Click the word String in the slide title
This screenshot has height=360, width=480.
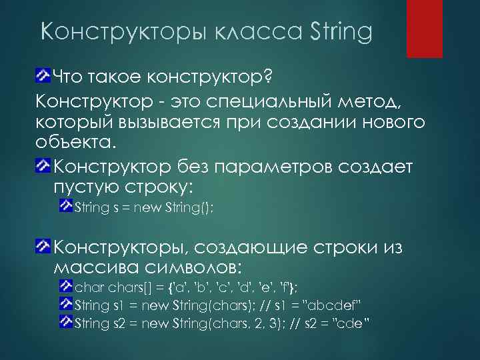341,31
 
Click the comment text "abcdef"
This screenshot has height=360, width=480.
335,306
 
